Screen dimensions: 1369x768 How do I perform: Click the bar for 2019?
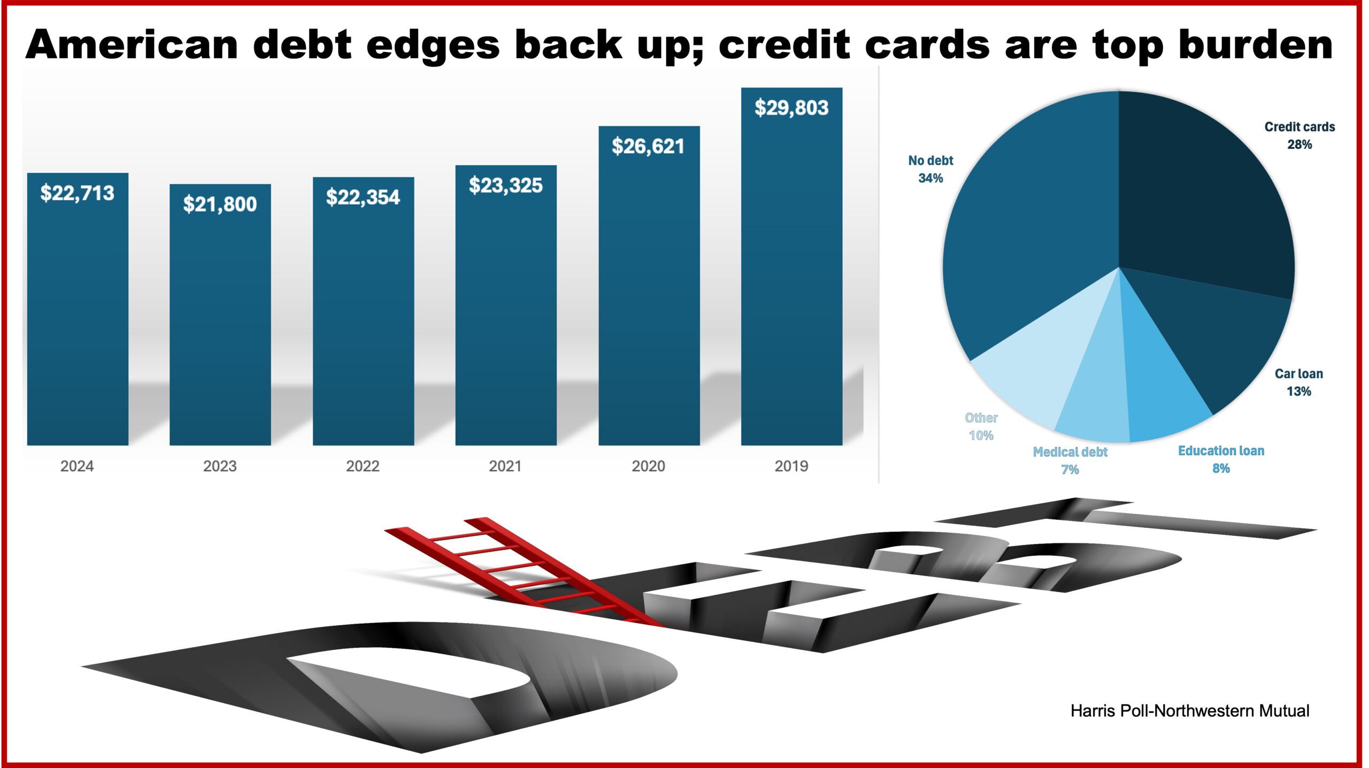(791, 266)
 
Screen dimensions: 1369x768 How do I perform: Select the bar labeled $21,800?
(220, 314)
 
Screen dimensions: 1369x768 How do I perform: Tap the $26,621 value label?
(648, 147)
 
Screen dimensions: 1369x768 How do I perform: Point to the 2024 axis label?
(77, 466)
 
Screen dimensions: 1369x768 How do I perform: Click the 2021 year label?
(505, 466)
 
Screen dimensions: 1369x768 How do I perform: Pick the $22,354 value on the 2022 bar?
(363, 197)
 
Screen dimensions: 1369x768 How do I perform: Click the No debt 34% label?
(930, 169)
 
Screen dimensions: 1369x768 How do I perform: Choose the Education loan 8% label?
(1221, 459)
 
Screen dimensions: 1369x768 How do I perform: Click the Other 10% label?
(981, 426)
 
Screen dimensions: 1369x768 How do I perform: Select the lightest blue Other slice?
(1037, 369)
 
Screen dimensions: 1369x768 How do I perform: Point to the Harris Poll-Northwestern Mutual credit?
(1190, 711)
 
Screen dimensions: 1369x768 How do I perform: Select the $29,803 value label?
(791, 108)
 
